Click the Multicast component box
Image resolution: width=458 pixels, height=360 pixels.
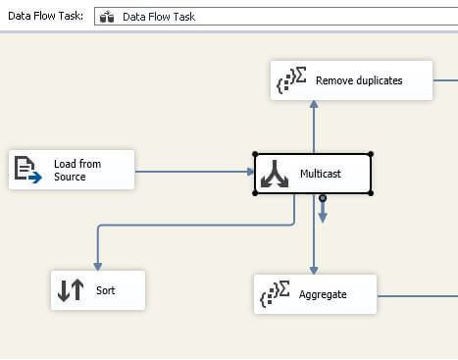coord(313,174)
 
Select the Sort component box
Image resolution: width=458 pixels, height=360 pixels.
coord(98,290)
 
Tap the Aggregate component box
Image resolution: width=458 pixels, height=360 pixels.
coord(315,294)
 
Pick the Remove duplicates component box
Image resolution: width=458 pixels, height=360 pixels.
coord(351,80)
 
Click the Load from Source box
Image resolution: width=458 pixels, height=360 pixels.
coord(72,170)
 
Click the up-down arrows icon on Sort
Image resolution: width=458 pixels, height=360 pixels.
coord(71,289)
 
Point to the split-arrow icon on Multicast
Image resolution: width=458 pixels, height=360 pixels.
coord(275,174)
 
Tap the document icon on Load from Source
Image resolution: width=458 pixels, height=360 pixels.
coord(28,170)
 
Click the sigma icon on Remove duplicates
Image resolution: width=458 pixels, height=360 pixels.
coord(291,79)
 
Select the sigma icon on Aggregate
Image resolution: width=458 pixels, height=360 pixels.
coord(275,293)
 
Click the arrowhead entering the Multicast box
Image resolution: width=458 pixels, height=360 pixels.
coord(251,172)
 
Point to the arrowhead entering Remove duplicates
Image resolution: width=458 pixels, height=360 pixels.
coord(314,104)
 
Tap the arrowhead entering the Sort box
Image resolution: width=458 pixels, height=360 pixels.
coord(98,267)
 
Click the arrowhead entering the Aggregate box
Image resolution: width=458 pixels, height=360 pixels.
coord(314,271)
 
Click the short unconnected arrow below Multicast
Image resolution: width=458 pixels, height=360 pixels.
coord(323,209)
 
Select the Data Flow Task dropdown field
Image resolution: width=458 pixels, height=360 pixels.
coord(277,17)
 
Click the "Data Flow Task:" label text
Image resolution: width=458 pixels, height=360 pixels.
coord(45,16)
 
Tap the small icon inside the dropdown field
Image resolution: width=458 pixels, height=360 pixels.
coord(107,17)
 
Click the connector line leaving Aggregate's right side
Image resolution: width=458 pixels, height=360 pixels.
coord(418,296)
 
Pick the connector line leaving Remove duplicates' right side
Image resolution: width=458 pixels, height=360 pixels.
coord(445,80)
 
